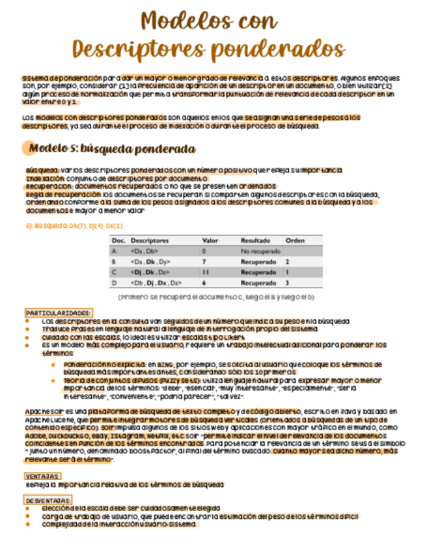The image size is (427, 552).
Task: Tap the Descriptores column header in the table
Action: click(149, 240)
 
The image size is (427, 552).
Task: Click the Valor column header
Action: click(210, 240)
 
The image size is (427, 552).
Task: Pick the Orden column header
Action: click(295, 240)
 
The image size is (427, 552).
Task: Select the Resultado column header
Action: click(255, 240)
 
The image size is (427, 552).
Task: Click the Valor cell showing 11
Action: click(205, 272)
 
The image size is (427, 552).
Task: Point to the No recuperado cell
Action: click(258, 251)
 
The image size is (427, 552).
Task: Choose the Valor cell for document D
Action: click(204, 283)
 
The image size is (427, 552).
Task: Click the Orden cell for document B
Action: click(287, 261)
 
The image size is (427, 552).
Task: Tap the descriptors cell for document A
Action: click(144, 251)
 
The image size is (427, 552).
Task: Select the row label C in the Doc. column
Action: click(115, 272)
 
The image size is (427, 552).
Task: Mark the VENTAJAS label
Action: click(42, 476)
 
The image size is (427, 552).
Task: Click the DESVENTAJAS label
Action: click(48, 500)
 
